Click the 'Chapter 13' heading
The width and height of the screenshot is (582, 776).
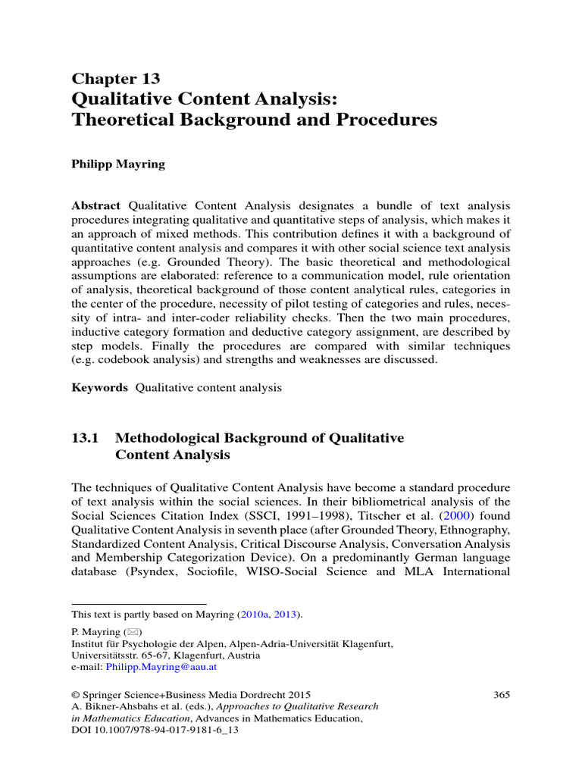click(x=115, y=79)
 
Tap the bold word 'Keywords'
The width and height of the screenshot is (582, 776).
click(x=100, y=387)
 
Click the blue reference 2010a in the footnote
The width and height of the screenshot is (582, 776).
click(x=254, y=614)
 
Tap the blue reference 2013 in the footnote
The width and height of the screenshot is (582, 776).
click(x=286, y=614)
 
